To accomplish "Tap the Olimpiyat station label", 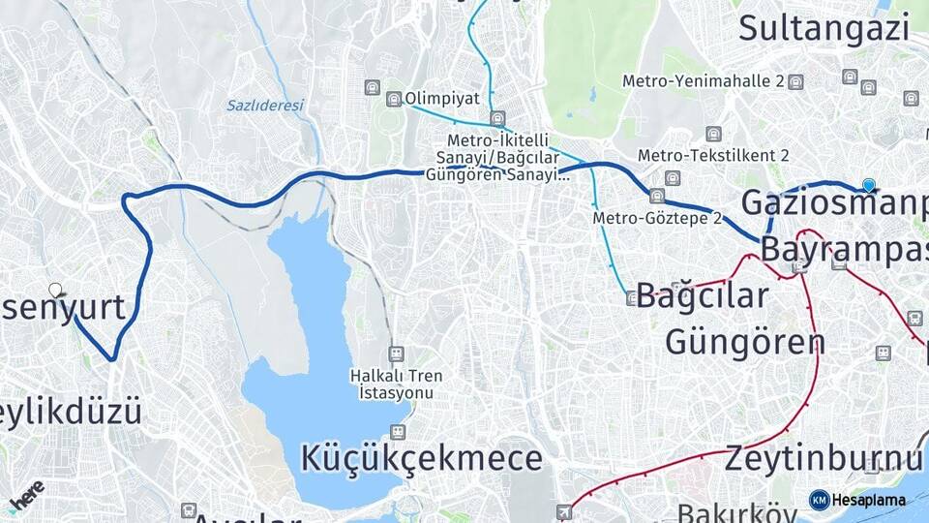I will [x=442, y=98].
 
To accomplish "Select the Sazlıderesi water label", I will [x=265, y=105].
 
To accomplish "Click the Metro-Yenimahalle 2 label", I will [x=704, y=81].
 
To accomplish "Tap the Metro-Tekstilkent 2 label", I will [x=714, y=155].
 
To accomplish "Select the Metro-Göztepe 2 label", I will [x=657, y=219].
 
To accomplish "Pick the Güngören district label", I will [x=745, y=341].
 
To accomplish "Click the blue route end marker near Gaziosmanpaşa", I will [x=869, y=185].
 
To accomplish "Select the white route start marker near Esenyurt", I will [x=56, y=289].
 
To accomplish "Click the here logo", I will [x=26, y=494].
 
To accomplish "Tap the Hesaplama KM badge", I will [x=857, y=500].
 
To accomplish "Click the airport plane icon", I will [x=564, y=510].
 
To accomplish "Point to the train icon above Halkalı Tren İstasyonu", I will [x=395, y=354].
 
